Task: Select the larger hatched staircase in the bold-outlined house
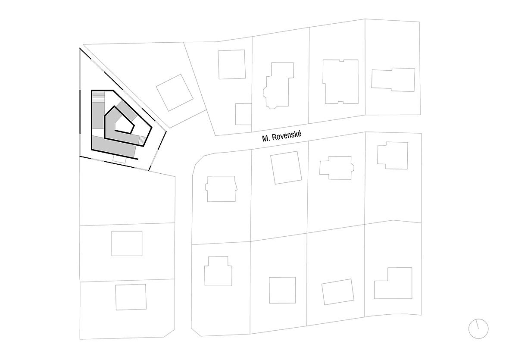pos(99,97)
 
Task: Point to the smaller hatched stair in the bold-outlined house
pos(141,141)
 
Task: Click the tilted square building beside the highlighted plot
pos(175,93)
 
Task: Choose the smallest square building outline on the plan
pos(244,114)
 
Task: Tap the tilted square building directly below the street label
pos(286,168)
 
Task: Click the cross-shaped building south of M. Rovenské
pos(336,168)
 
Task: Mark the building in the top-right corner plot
pos(393,79)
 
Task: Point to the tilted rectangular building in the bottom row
pos(338,292)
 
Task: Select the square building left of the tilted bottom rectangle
pos(282,290)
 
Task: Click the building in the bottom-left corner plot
pos(131,297)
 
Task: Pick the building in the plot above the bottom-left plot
pos(127,244)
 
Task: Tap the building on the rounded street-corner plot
pos(221,188)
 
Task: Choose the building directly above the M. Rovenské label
pos(278,85)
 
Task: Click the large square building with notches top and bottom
pos(340,81)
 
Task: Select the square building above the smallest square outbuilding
pos(232,64)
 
